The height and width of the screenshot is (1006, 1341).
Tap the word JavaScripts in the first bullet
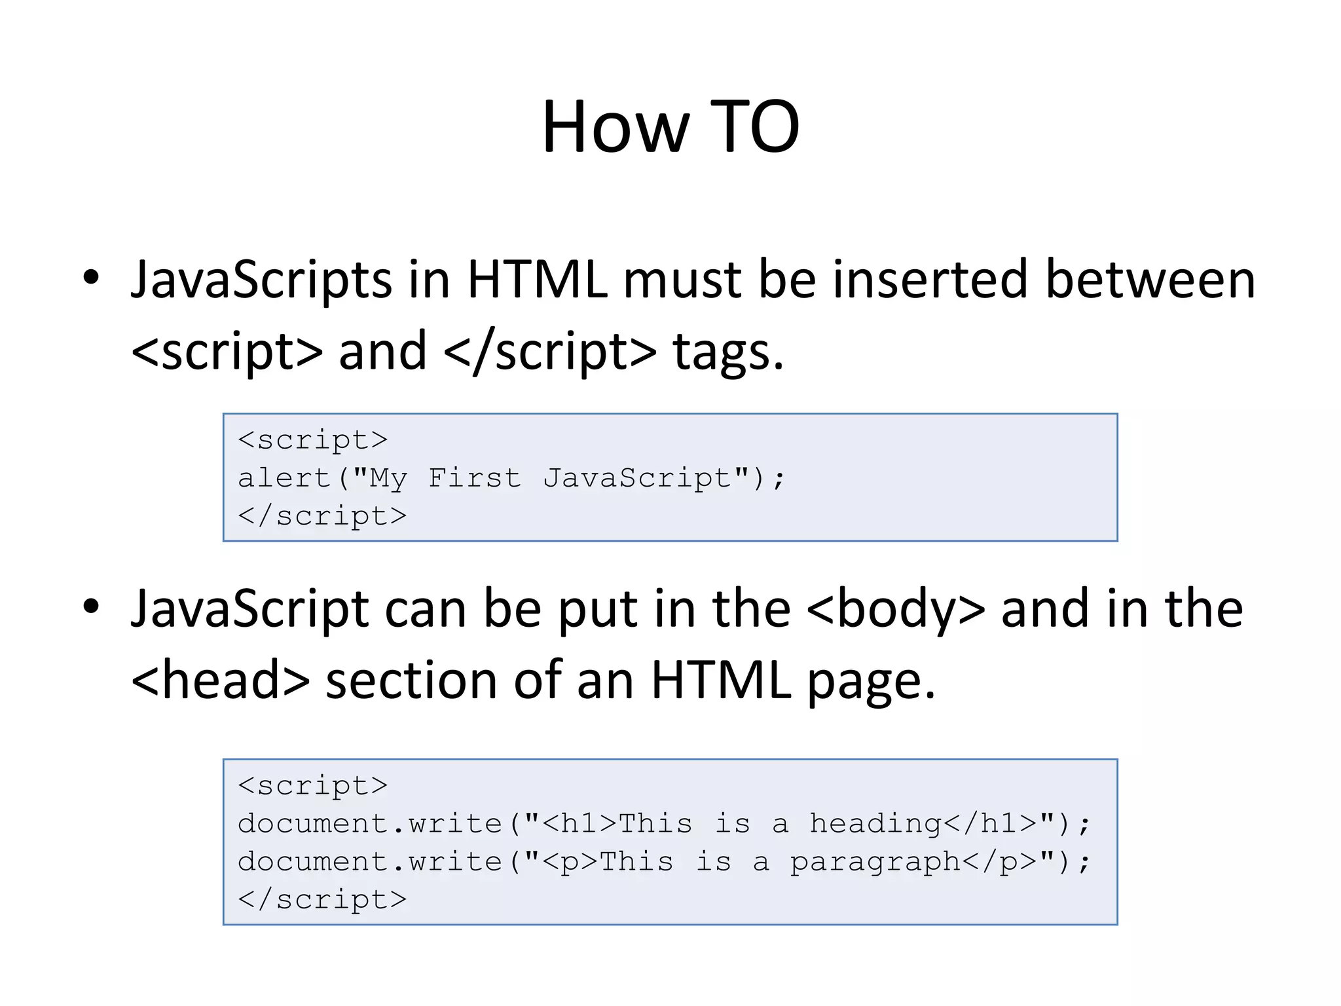pos(261,280)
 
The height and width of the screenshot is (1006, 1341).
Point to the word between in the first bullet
pos(1150,279)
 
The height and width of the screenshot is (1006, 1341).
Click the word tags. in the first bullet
pos(727,352)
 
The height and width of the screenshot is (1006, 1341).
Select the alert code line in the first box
pos(511,478)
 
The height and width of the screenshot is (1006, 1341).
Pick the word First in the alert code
pos(475,477)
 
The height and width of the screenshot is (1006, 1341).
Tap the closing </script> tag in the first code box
pos(322,516)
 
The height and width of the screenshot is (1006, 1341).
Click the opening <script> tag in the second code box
pos(313,785)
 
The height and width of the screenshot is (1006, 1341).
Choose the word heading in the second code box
pos(875,823)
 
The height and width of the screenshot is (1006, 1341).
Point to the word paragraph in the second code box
pos(874,862)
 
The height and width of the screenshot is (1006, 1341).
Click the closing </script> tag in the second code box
pos(322,899)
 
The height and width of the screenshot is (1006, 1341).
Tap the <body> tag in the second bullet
pos(895,609)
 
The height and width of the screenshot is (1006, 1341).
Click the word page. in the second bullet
pos(871,681)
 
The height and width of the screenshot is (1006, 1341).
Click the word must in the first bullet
pos(682,279)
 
